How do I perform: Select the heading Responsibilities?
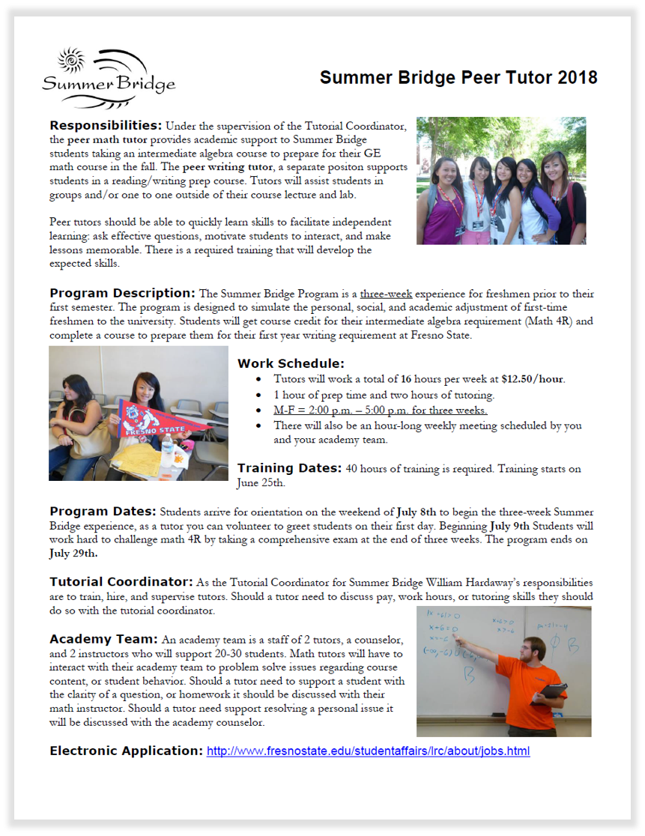pos(106,125)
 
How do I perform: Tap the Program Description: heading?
pos(123,293)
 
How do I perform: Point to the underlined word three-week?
pos(381,294)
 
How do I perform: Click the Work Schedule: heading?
pos(291,363)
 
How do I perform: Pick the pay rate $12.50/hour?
pos(533,379)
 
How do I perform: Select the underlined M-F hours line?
pos(381,411)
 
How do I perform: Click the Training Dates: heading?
pos(289,468)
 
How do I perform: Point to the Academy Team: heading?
pos(103,639)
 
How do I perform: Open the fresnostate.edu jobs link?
pos(368,751)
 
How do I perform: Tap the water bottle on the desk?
pos(167,450)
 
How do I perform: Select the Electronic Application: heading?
pos(126,751)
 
